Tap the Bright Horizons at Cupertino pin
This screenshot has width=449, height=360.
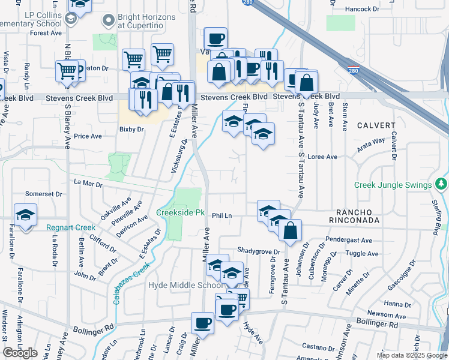point(108,21)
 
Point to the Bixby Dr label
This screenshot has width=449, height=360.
point(132,129)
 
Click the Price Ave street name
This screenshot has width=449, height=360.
point(88,136)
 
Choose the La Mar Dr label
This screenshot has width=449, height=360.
point(88,182)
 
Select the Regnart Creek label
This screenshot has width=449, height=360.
point(71,227)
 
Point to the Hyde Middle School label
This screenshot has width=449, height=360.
point(185,286)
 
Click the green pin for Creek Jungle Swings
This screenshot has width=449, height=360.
point(442,182)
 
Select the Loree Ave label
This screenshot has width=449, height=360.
point(322,157)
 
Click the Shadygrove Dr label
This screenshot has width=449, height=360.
point(259,251)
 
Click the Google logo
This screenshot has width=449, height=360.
point(20,353)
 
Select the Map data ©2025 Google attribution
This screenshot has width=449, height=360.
point(411,355)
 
